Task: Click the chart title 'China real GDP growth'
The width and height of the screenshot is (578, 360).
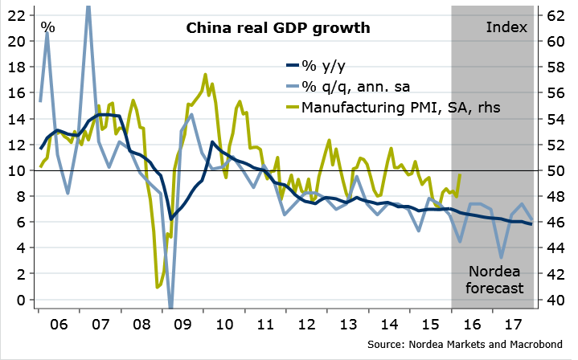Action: point(278,29)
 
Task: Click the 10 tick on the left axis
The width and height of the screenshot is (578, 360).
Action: point(17,170)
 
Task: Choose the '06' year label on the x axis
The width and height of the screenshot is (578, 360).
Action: point(58,328)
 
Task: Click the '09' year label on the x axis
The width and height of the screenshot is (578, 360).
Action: point(182,328)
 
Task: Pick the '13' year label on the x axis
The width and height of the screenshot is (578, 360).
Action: point(348,328)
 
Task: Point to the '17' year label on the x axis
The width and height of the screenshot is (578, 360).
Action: point(514,328)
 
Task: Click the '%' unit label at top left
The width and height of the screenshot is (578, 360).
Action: point(48,27)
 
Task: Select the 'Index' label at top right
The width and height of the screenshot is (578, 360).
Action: point(506,27)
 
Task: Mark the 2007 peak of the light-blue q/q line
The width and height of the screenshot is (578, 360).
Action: point(88,6)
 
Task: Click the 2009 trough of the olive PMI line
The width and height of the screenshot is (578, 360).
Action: point(158,286)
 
